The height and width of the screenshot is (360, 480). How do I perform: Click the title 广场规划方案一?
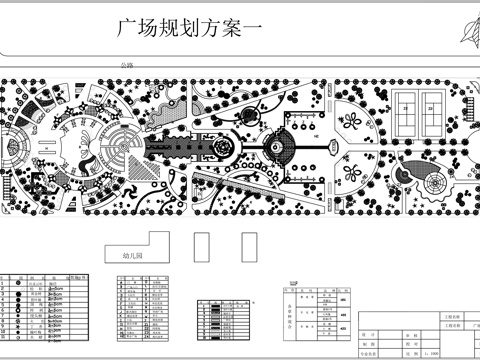coord(188,30)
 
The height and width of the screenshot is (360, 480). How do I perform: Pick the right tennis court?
coord(432,103)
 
